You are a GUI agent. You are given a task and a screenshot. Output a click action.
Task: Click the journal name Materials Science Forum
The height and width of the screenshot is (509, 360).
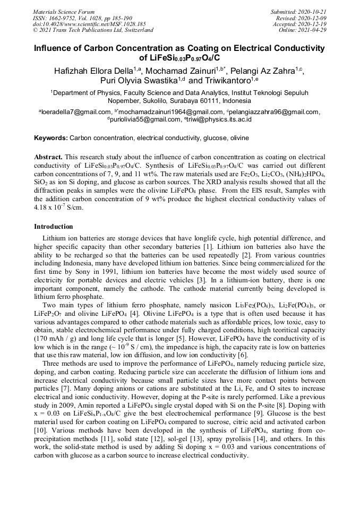(64, 12)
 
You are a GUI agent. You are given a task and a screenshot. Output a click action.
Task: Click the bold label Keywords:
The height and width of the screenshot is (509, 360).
(51, 138)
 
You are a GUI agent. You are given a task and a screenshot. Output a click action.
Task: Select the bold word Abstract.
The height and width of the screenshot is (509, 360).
(48, 158)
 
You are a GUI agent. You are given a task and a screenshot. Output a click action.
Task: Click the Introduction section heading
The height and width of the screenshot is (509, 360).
(54, 227)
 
